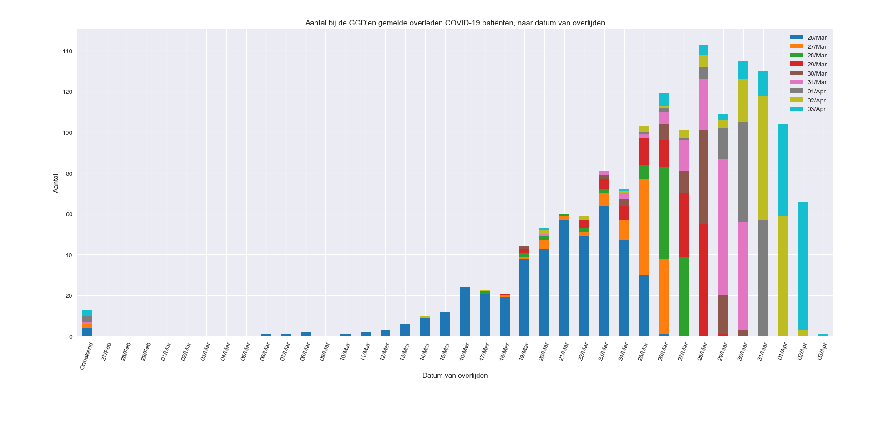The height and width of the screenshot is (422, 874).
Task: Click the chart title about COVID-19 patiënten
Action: tap(455, 23)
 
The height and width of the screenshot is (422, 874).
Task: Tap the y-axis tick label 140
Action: tap(67, 51)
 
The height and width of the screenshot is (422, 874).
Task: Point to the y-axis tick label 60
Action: tap(69, 214)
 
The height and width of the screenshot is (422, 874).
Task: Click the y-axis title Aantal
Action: tap(56, 183)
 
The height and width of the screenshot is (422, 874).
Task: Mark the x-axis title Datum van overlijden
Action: tap(455, 376)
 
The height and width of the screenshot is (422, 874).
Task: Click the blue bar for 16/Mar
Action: tap(465, 312)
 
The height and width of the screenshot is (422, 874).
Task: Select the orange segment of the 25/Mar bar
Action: tap(644, 227)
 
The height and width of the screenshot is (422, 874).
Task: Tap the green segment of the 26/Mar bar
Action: tap(664, 213)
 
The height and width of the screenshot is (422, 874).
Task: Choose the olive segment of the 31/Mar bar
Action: tap(763, 158)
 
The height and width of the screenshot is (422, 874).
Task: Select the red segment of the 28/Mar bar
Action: tap(703, 280)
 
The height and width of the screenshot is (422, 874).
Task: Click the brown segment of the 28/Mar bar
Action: tap(703, 177)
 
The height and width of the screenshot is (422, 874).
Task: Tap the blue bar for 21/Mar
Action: tap(564, 278)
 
